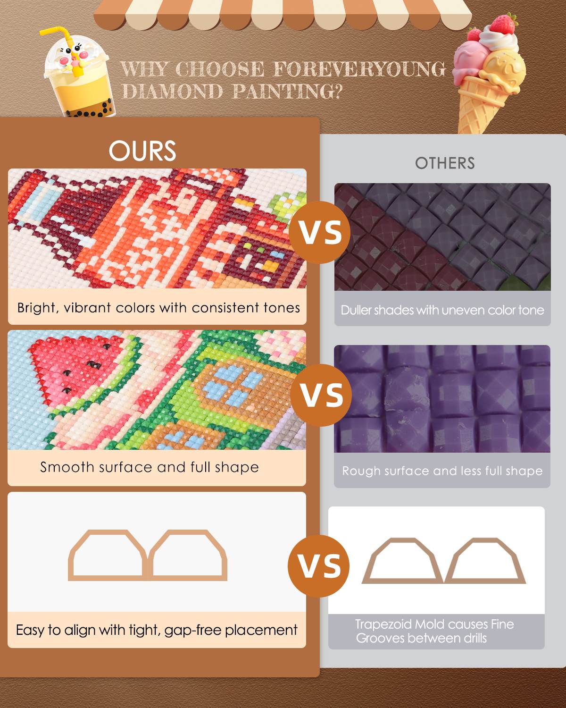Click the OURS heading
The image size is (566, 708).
[x=142, y=151]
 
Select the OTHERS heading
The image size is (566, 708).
[x=445, y=163]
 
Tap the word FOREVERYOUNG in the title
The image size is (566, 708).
[x=359, y=70]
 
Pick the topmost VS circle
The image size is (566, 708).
[x=321, y=232]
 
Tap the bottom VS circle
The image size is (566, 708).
[x=319, y=566]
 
